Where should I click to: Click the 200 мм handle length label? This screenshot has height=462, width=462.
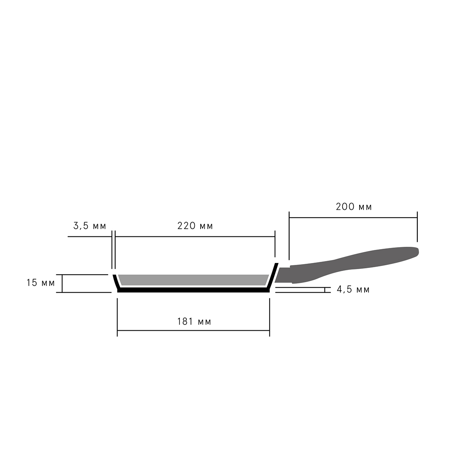(354, 207)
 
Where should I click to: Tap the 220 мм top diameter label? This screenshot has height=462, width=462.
(195, 226)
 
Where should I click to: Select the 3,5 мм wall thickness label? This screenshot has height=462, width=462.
(90, 226)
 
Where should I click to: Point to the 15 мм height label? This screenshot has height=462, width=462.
(40, 283)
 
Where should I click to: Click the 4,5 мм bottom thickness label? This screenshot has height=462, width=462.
(353, 290)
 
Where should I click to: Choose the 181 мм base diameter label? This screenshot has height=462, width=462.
(194, 321)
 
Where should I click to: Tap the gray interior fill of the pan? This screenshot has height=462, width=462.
(194, 280)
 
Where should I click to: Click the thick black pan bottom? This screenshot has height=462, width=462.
(193, 290)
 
